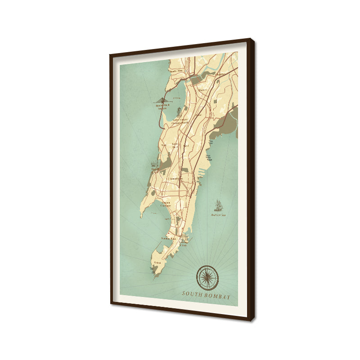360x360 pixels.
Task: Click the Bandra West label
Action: tap(176, 71)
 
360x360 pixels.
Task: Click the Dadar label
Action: tap(198, 115)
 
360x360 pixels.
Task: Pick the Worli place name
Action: tap(164, 145)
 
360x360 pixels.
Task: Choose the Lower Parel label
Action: tap(175, 145)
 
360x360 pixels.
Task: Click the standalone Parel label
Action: tap(186, 145)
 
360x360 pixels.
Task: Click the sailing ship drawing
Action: tap(219, 205)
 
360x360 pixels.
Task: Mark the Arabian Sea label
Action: tap(218, 215)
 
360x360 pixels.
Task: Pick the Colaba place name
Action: tap(157, 262)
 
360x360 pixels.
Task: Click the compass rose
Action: tap(207, 277)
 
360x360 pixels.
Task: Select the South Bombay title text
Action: tap(207, 296)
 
